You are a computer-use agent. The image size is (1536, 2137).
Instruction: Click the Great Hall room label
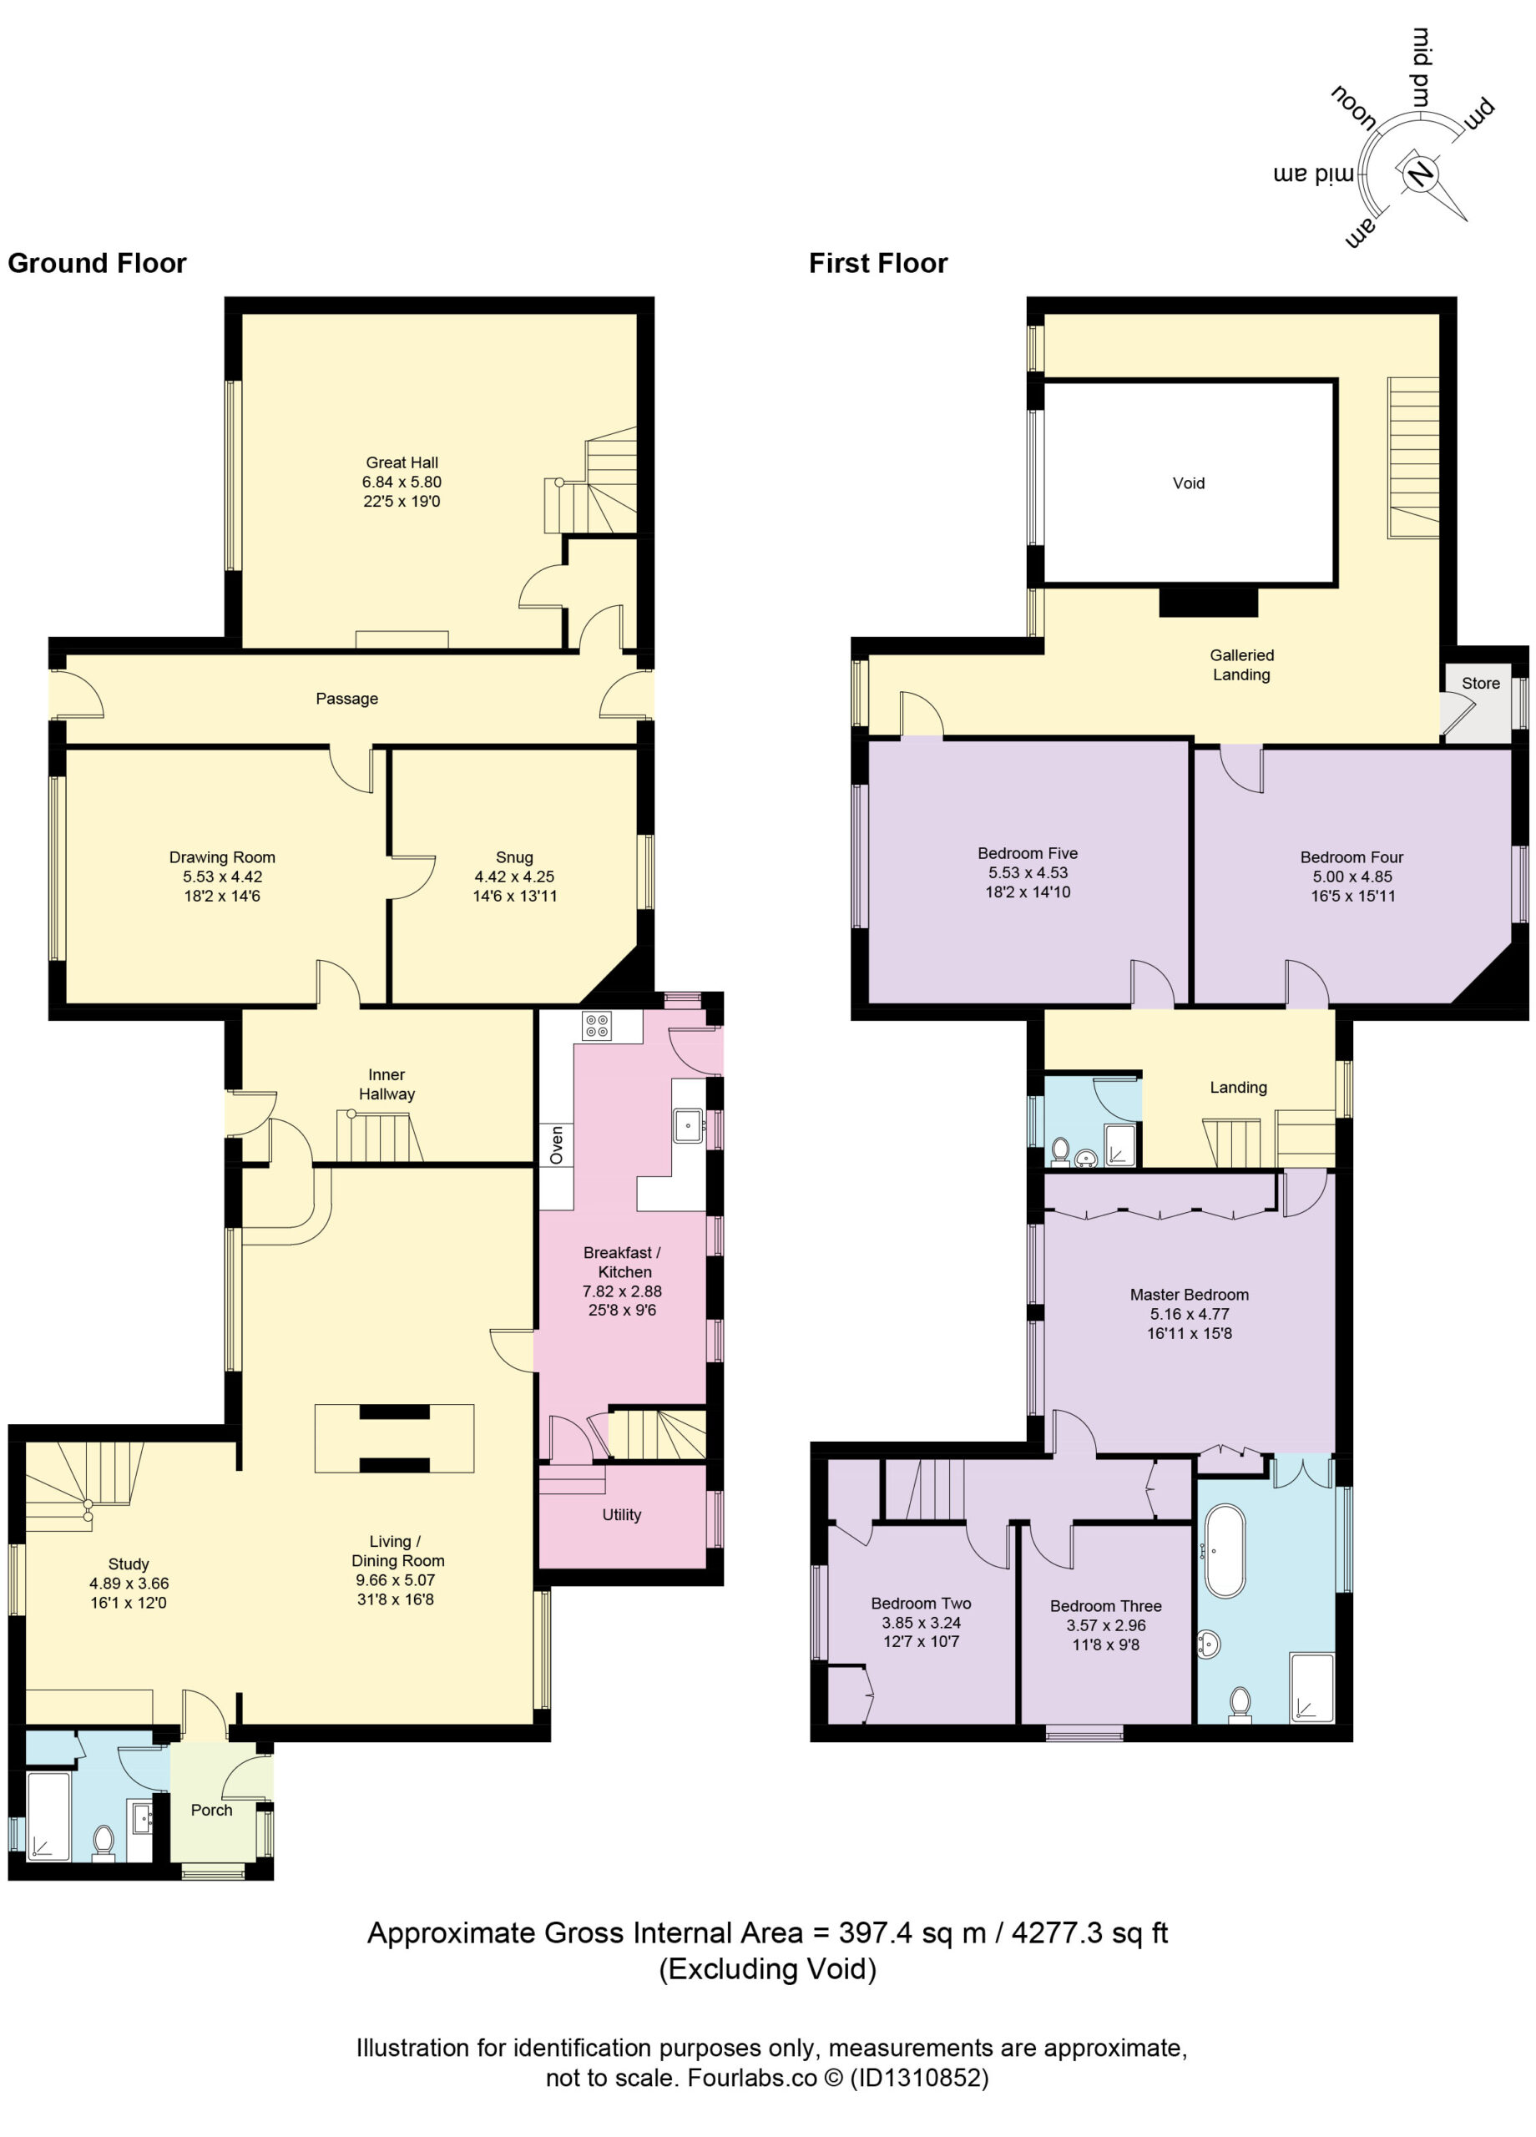(402, 462)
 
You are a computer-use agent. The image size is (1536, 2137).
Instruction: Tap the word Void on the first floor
(1188, 483)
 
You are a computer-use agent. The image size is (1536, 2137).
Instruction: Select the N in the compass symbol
(1419, 174)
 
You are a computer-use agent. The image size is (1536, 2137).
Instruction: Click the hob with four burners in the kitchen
(597, 1025)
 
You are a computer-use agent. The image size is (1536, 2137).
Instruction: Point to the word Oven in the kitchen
(556, 1144)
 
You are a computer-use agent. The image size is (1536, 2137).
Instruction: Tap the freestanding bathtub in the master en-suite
(1225, 1550)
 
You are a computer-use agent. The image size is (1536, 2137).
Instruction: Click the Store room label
(1480, 683)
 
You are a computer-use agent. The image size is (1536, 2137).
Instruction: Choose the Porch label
(211, 1810)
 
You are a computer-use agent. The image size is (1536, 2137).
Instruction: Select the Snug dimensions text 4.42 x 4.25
(514, 877)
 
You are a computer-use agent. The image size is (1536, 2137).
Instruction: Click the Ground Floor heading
(97, 263)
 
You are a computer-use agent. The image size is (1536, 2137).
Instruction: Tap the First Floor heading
(878, 263)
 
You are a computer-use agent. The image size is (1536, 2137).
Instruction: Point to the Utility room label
(622, 1514)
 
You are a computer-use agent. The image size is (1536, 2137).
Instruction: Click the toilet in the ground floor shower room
(104, 1839)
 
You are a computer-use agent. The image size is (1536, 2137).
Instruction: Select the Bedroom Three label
(1105, 1605)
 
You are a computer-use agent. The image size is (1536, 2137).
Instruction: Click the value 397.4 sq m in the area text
(912, 1932)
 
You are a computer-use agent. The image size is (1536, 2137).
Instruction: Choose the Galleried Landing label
(1241, 664)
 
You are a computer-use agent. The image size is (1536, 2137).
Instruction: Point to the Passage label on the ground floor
(346, 698)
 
